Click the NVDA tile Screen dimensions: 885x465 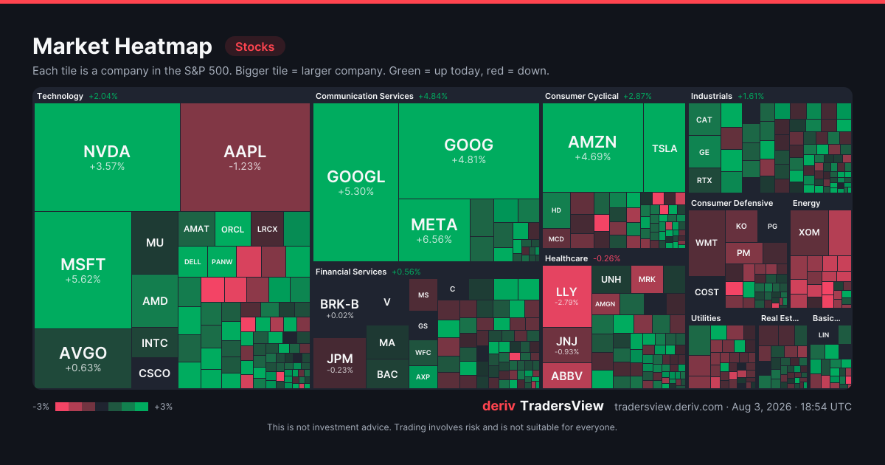coord(107,157)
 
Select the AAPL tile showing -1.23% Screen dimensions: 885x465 coord(245,157)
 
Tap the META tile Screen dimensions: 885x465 coord(434,230)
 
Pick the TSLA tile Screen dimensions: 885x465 coord(664,148)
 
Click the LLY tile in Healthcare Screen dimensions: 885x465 coord(567,296)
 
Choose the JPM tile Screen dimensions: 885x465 coord(339,363)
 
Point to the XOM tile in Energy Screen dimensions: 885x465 coord(809,232)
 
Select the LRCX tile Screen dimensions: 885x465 coord(268,229)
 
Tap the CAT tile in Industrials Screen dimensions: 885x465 coord(704,120)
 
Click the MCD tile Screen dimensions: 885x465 coord(556,239)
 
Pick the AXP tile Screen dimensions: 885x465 coord(423,377)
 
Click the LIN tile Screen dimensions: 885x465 coord(824,335)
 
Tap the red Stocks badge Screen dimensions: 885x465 coord(255,46)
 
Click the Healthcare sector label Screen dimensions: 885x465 coord(566,258)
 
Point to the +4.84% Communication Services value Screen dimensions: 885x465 coord(433,96)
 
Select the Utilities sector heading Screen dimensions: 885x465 coord(706,318)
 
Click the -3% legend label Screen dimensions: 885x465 coord(41,407)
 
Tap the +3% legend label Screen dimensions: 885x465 coord(163,407)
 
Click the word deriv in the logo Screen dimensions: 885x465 coord(499,406)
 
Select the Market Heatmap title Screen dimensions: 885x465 coord(122,46)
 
